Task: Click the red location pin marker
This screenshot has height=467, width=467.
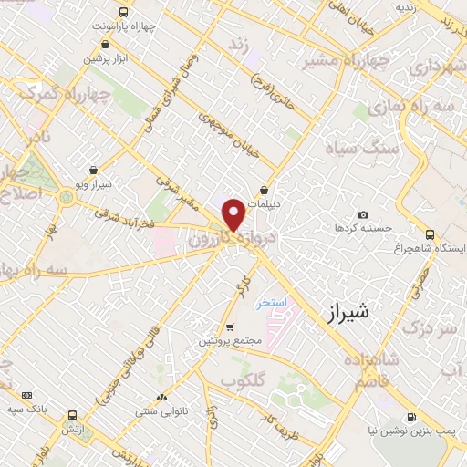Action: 233,215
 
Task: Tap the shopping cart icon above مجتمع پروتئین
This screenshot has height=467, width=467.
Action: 231,327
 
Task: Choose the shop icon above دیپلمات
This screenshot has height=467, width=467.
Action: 265,191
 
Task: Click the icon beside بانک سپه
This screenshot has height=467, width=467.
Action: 26,395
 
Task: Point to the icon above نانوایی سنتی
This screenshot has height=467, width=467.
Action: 161,397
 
